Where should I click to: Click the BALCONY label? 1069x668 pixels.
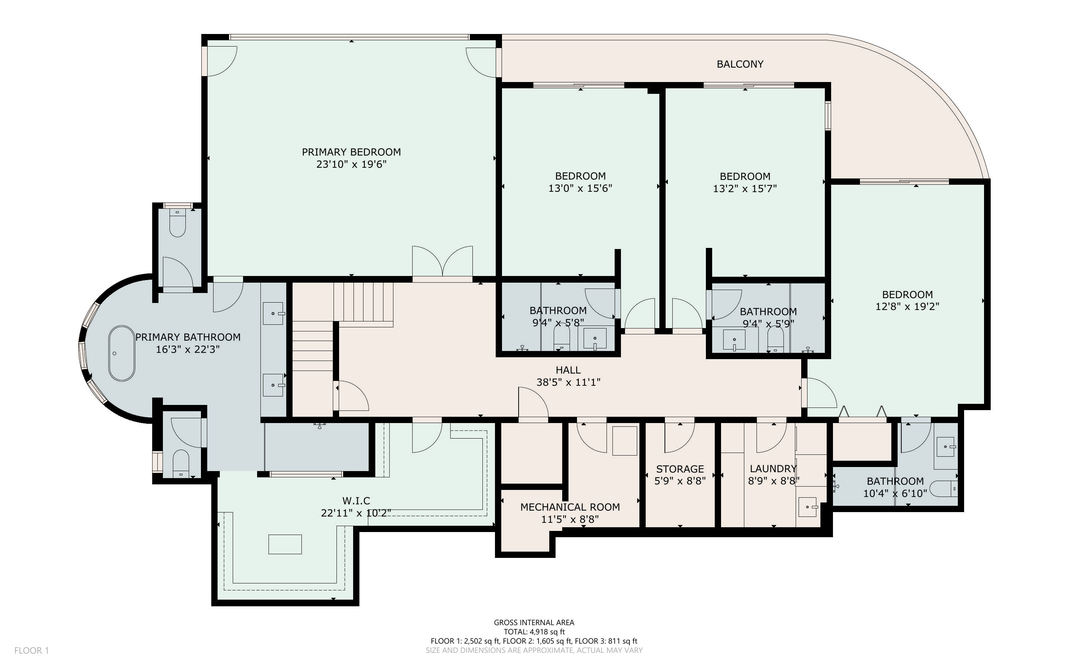[740, 64]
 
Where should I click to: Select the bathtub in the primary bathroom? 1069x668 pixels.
[122, 354]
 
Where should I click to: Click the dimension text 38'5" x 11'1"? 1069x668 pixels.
[568, 382]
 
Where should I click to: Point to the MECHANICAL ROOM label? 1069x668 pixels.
[570, 507]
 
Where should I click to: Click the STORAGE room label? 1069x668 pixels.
[680, 469]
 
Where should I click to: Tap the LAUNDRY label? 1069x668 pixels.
[773, 469]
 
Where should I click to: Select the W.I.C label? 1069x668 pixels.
[356, 501]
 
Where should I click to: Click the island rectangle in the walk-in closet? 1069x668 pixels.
[285, 544]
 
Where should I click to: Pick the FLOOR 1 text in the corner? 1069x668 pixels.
[31, 650]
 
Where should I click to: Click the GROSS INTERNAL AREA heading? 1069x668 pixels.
[534, 623]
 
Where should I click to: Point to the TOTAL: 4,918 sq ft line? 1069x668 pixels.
[534, 632]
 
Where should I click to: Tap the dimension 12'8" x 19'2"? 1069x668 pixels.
[907, 306]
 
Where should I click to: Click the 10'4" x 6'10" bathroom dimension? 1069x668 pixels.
[895, 494]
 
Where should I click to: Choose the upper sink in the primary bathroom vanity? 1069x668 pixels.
[273, 313]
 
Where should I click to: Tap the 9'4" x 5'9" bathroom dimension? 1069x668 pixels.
[768, 324]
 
